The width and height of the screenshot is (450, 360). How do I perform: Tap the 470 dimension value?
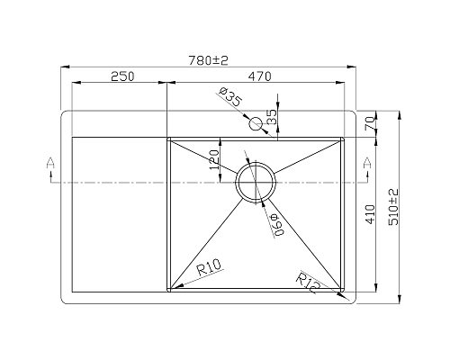click(x=261, y=77)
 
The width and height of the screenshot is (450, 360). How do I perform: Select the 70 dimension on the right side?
click(x=370, y=124)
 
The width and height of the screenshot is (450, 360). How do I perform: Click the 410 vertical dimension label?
click(x=370, y=213)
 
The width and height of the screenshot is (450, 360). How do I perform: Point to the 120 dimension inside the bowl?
click(x=214, y=159)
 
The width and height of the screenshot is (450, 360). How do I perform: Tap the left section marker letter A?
click(x=50, y=162)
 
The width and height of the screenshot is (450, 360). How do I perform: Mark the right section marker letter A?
click(x=366, y=162)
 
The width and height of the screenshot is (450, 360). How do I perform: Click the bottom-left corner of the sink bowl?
click(x=169, y=291)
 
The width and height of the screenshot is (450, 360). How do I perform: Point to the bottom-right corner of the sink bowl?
click(x=343, y=291)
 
